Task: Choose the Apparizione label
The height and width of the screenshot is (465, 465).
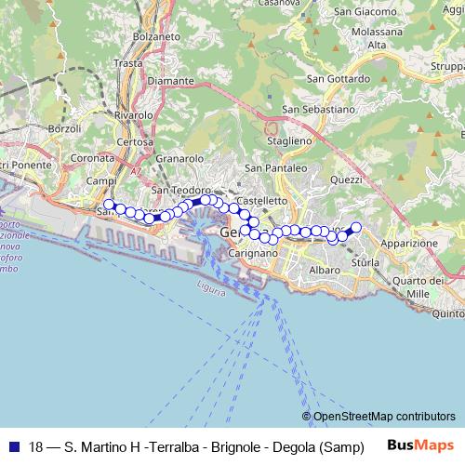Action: coord(408,243)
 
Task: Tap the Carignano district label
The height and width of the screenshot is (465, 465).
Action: coord(250,252)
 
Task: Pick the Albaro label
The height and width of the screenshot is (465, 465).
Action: coord(325,270)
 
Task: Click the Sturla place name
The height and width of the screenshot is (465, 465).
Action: coord(365,263)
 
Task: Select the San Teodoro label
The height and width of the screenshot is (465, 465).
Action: coord(175,191)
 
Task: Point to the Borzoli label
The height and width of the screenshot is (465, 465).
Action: coord(65,127)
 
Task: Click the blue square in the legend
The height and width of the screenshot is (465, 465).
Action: coord(13,445)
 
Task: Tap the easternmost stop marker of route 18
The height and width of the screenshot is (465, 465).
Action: coord(355,226)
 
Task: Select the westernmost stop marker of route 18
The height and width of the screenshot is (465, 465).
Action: coord(109,205)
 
